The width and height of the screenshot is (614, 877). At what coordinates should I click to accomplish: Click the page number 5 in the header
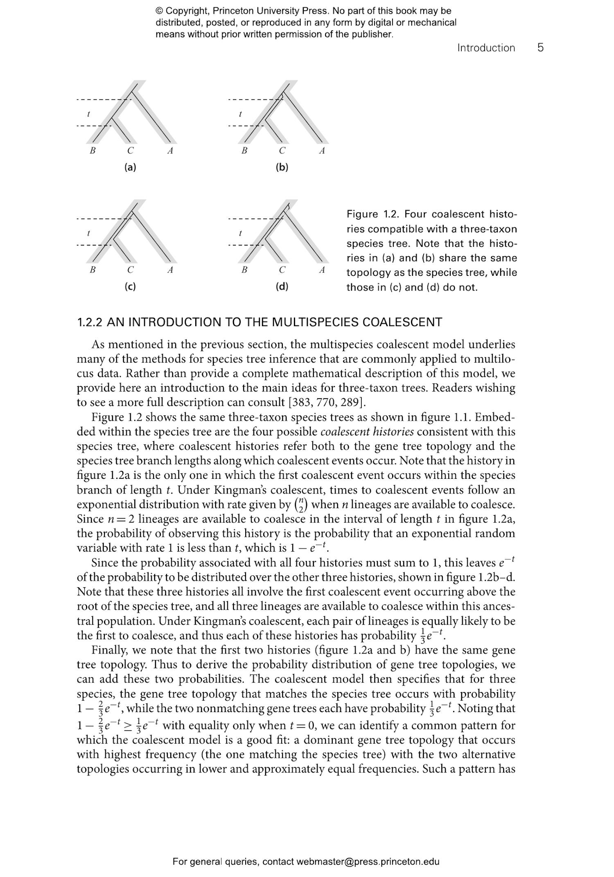point(540,47)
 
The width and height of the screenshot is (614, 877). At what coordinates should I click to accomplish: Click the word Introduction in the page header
point(486,48)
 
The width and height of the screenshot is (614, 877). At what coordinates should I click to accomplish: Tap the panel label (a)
point(130,167)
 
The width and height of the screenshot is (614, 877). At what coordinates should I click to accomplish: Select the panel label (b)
point(282,167)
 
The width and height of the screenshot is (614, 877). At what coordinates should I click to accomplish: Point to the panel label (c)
point(130,286)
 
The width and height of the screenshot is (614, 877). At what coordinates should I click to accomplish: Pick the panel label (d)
point(282,286)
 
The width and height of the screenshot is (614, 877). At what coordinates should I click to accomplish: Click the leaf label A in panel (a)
point(170,151)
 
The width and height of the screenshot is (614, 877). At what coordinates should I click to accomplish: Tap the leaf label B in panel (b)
point(244,151)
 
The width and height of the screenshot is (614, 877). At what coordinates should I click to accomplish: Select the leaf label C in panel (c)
point(130,270)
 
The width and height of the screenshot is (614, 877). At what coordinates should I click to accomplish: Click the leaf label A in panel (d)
point(322,270)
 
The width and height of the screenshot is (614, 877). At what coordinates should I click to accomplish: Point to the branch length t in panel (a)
point(88,114)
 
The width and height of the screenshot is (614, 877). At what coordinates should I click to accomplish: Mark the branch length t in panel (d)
point(240,233)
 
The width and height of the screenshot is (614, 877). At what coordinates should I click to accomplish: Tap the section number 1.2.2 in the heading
point(90,322)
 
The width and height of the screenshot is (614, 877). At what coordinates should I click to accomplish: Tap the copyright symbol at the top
point(159,11)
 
